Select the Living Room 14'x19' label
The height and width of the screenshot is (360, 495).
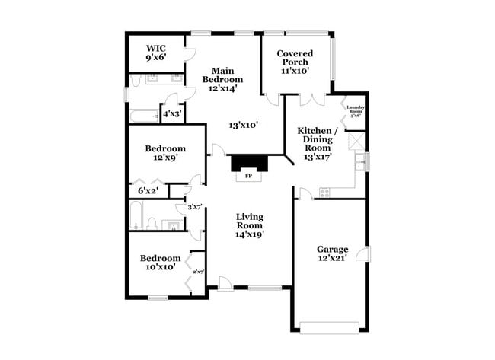tap(249, 225)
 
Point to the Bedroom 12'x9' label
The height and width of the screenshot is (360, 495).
tap(165, 154)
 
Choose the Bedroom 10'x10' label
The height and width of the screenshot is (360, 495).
tap(160, 263)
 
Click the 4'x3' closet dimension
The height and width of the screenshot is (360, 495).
tap(172, 114)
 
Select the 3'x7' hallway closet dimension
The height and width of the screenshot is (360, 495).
tap(195, 207)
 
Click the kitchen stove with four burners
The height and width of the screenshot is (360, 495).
tap(324, 193)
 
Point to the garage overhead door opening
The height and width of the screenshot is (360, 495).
tap(329, 327)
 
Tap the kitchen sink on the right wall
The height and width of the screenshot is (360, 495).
tap(359, 161)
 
